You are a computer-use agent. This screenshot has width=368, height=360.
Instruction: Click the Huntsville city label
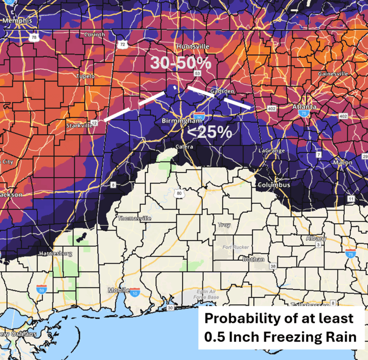click(x=193, y=46)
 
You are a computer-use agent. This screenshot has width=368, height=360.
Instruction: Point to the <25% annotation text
click(x=209, y=132)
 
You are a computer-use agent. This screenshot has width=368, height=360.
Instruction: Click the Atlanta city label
click(x=304, y=107)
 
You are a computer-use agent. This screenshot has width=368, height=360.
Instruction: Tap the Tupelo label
click(x=85, y=76)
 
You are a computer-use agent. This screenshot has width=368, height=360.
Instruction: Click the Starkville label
click(x=79, y=125)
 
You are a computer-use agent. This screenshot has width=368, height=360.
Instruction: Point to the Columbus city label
click(x=273, y=185)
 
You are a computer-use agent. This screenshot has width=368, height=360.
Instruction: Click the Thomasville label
click(x=134, y=218)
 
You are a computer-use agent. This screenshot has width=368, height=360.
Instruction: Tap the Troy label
click(x=224, y=225)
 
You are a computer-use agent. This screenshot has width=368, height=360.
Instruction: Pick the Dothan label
click(x=254, y=259)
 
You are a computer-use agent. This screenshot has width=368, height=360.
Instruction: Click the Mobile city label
click(x=118, y=290)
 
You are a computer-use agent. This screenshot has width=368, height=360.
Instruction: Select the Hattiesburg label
click(x=55, y=254)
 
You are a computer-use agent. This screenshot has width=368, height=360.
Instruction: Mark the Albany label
click(x=316, y=239)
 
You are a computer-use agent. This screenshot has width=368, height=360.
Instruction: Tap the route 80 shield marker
click(x=178, y=193)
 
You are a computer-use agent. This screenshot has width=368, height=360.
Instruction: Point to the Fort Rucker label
click(x=236, y=247)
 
